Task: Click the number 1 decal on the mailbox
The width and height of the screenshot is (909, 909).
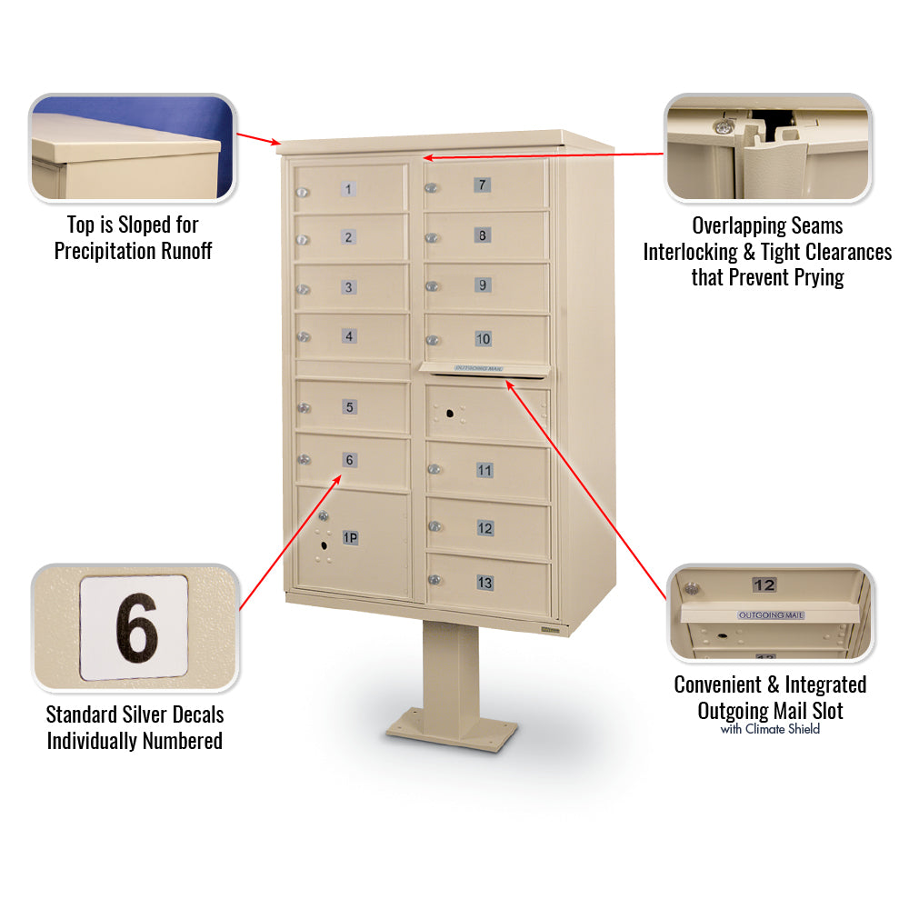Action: coord(348,189)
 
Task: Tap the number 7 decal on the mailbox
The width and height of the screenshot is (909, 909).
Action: coord(483,185)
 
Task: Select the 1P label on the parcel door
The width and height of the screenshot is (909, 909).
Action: coord(350,538)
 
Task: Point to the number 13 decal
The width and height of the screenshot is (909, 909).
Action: coord(484,583)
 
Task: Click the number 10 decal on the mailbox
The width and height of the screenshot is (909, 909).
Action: coord(483,338)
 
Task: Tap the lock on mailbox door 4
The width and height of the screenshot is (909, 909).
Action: coord(304,337)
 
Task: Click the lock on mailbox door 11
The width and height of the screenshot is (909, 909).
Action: coord(435,469)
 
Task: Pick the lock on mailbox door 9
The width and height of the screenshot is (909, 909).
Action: coord(432,286)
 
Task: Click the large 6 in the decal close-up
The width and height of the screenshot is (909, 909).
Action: coord(136,628)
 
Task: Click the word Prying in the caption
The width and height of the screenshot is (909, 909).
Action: coord(819,277)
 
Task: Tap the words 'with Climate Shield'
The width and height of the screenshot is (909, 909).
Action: coord(770,729)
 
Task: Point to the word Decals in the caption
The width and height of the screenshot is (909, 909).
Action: coord(196,714)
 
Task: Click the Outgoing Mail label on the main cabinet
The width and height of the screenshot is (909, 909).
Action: coord(479,368)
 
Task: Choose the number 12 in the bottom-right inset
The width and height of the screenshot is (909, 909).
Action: coord(764,584)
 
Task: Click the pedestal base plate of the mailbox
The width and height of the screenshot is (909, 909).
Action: coord(452,729)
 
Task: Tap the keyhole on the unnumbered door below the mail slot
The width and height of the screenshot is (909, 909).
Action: coord(450,414)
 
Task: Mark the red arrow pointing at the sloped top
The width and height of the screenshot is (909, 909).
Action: coord(258,139)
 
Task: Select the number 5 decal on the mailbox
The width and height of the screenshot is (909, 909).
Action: coord(350,407)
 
